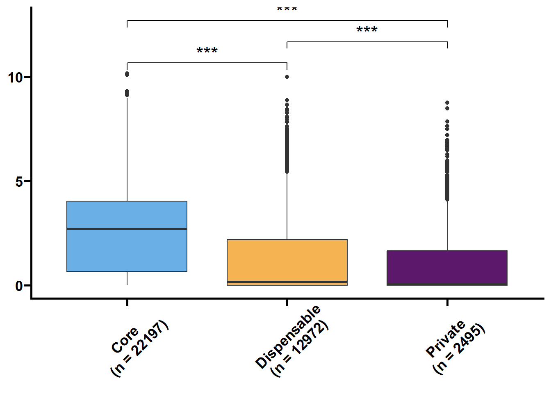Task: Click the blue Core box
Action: tap(127, 236)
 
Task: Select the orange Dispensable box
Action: tap(287, 262)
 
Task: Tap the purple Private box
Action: tap(447, 268)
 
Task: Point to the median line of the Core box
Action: tap(127, 229)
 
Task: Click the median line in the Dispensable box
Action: tap(287, 282)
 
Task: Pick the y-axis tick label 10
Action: tap(15, 78)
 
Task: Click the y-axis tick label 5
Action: tap(19, 182)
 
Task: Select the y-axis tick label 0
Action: tap(19, 286)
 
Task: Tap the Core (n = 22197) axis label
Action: tap(139, 348)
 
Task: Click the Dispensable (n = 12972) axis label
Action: tap(292, 341)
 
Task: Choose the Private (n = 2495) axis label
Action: tap(455, 347)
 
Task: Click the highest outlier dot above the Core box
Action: tap(127, 74)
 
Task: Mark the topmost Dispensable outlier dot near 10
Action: tap(287, 77)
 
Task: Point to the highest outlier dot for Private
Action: tap(447, 103)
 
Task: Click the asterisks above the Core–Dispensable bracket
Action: tap(207, 50)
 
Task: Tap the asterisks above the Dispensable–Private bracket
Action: tap(367, 29)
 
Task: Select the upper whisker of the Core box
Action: tap(127, 149)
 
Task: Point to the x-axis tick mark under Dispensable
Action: tap(287, 302)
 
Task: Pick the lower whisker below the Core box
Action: tap(127, 279)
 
